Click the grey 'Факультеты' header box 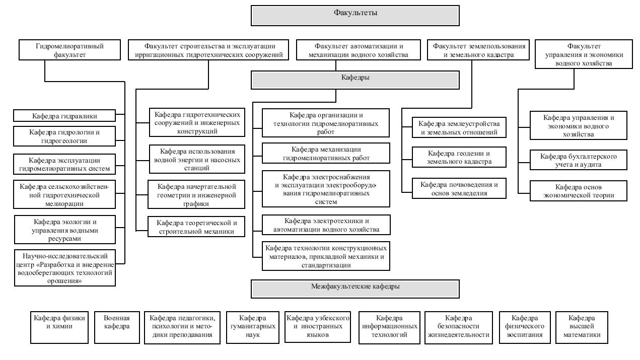(355, 16)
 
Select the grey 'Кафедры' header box (355, 80)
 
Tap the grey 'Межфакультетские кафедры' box (355, 289)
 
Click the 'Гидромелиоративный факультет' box (69, 50)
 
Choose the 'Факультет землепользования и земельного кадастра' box (478, 50)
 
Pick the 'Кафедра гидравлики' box (64, 116)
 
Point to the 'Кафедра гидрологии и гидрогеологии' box (64, 136)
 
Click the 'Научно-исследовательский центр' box (65, 268)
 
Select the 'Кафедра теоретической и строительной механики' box (196, 227)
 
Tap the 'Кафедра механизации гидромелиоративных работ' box (326, 154)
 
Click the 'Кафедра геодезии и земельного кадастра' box (459, 157)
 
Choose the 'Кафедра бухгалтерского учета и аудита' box (579, 160)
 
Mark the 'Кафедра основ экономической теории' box (579, 191)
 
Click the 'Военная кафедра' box (117, 327)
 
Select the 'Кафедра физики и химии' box (59, 327)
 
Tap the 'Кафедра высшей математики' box (582, 327)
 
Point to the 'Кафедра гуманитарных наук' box (253, 327)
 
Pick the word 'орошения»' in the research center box (64, 281)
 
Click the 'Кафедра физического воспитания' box (525, 327)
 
